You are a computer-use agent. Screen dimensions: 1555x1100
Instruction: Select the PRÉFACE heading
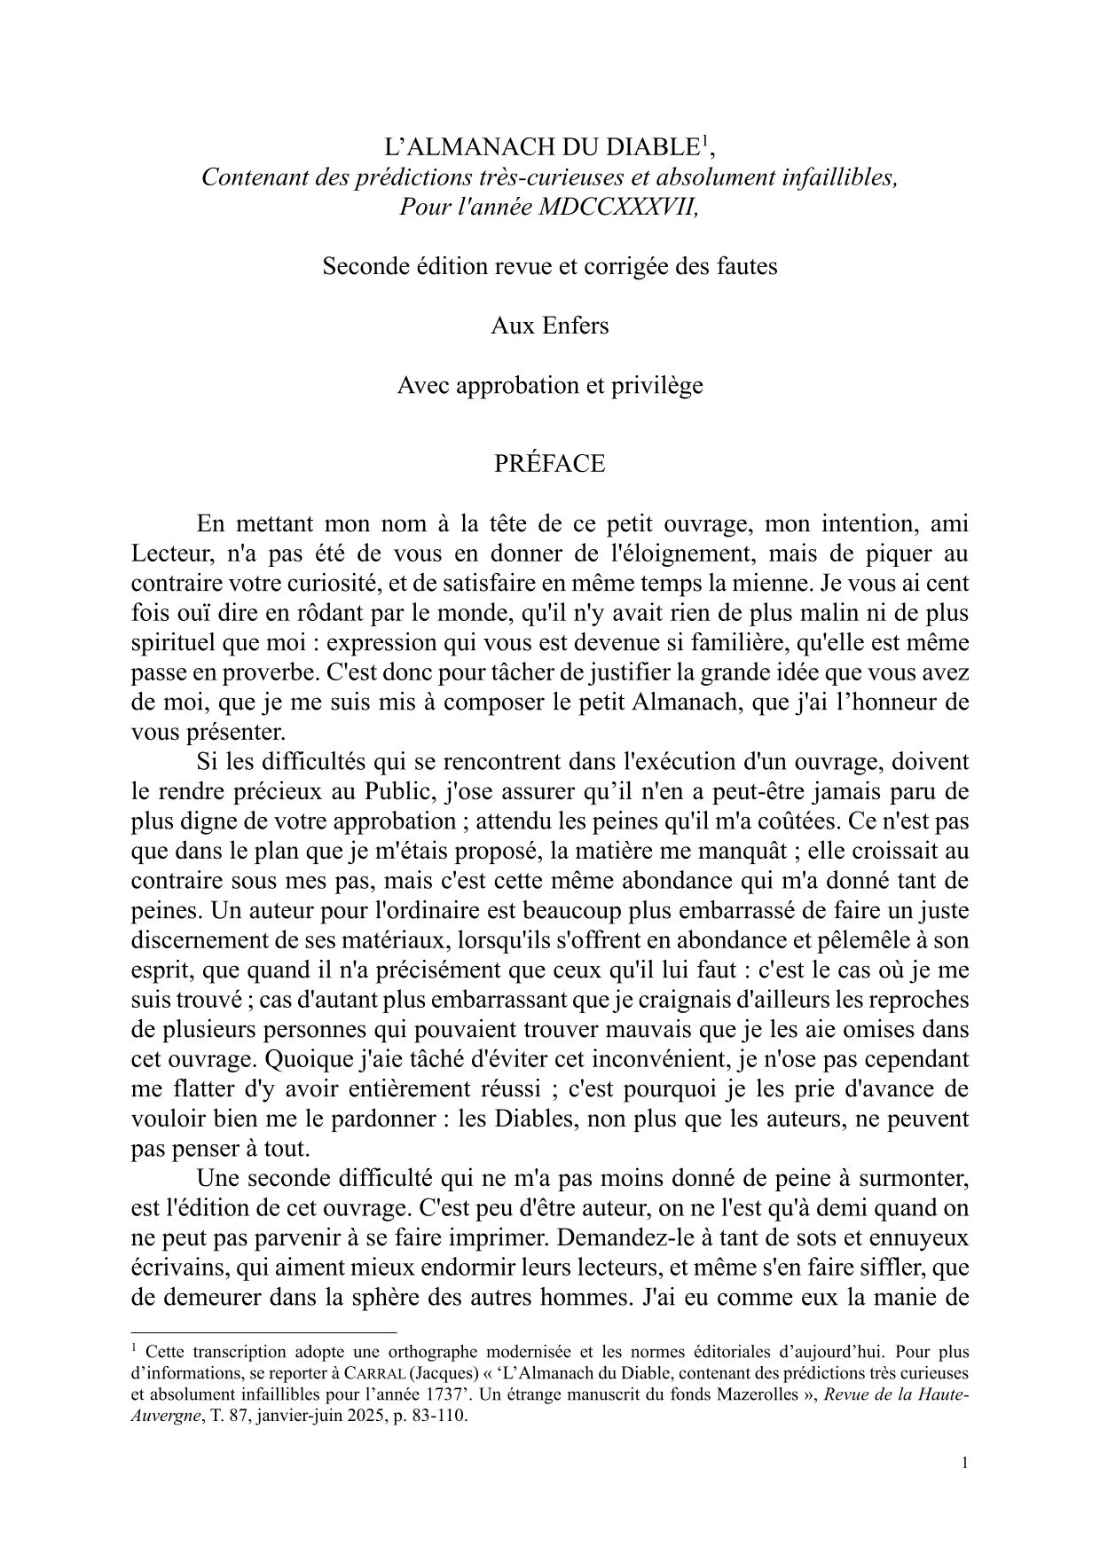tap(550, 464)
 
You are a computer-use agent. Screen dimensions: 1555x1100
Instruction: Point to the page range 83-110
tap(438, 1415)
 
